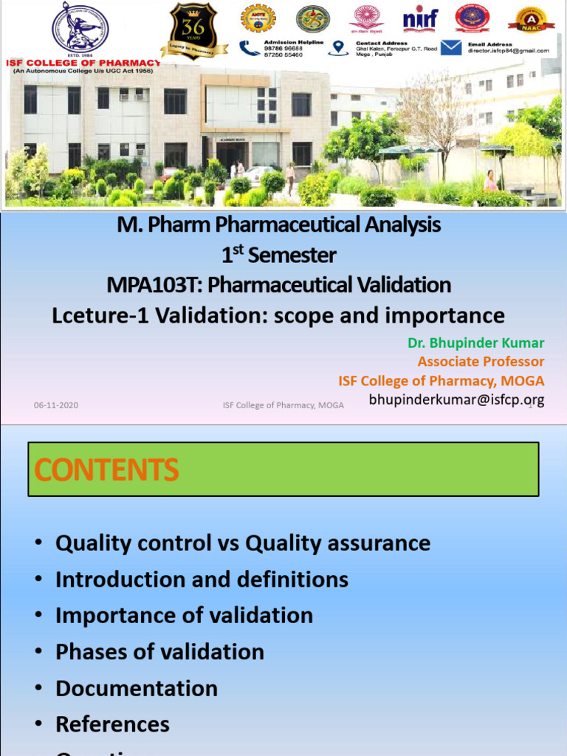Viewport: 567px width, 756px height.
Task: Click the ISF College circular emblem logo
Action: [80, 29]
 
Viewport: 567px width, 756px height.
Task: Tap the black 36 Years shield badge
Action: [193, 30]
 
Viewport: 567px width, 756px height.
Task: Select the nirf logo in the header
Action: [420, 18]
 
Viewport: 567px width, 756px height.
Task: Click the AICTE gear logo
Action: [258, 18]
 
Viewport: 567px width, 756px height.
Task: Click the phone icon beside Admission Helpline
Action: [250, 48]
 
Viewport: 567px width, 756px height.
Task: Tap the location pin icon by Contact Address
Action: [339, 48]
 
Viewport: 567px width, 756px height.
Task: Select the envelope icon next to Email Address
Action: [451, 48]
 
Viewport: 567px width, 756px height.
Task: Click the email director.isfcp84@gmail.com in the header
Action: [508, 51]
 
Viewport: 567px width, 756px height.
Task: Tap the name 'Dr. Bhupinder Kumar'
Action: [475, 343]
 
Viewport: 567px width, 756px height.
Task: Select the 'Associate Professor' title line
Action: [481, 362]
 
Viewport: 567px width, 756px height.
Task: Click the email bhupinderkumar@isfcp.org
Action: [456, 399]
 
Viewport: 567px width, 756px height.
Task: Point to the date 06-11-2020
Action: [56, 405]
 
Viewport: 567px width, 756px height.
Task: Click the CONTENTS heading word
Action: [107, 470]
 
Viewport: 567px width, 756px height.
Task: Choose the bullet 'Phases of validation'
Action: [159, 652]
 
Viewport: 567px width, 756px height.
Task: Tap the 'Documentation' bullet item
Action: [137, 688]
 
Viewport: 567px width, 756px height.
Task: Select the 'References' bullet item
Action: [112, 724]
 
